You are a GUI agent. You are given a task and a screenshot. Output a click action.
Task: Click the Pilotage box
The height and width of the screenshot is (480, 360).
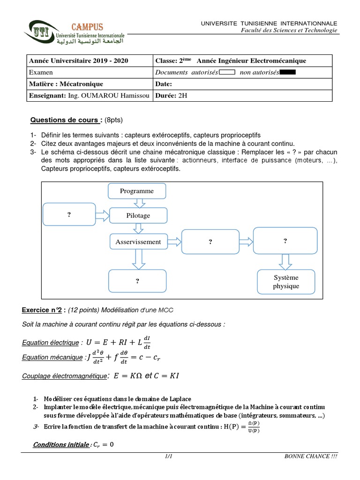tap(138, 215)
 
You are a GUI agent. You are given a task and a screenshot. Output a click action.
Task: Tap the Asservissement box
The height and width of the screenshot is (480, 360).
tap(138, 242)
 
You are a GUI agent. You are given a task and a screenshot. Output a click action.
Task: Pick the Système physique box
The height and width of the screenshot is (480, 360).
tap(286, 281)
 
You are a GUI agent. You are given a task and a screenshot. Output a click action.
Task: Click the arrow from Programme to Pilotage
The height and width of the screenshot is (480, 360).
tap(138, 203)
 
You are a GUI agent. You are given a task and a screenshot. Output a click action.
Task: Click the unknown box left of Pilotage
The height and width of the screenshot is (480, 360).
tap(69, 215)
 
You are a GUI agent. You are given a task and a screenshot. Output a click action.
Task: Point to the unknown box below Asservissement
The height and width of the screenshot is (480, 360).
tap(137, 281)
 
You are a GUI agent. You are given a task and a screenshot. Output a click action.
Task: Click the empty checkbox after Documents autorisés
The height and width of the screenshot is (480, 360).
tap(226, 72)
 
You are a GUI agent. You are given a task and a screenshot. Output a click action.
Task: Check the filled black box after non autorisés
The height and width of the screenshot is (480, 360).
tap(287, 72)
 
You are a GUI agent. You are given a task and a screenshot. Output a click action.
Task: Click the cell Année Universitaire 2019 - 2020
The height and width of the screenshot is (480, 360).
tap(78, 61)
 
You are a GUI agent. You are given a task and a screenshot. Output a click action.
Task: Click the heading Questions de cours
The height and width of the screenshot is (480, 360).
tap(66, 120)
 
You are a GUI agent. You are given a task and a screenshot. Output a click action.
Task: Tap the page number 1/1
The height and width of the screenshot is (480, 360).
tap(169, 456)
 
